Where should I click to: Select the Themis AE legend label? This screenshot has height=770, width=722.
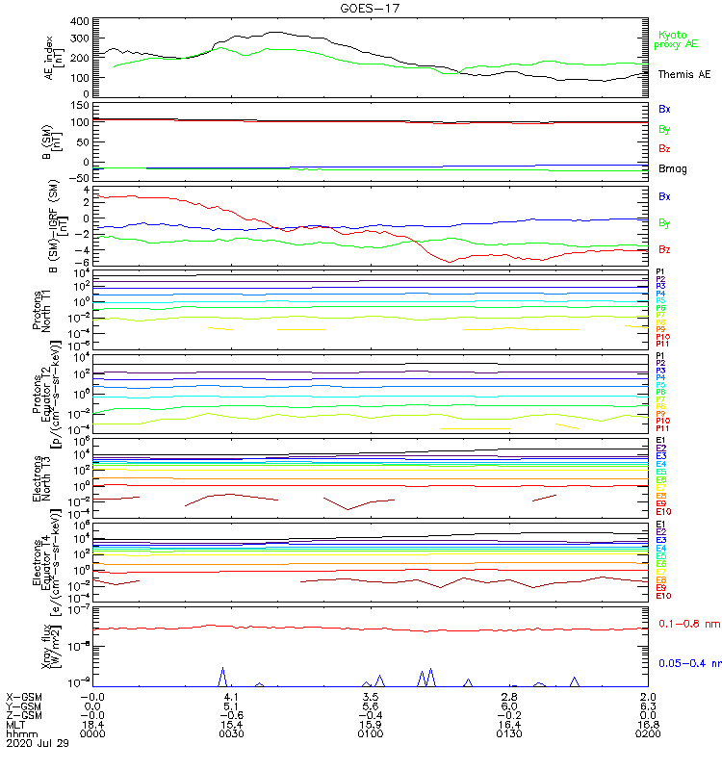tap(683, 74)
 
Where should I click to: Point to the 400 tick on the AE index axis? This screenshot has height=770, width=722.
tap(80, 21)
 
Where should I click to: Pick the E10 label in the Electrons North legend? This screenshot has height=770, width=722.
tap(663, 513)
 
